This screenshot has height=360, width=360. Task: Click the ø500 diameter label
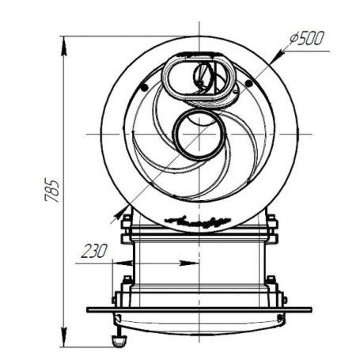[x=306, y=39]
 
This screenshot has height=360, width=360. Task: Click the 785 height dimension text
[x=51, y=191]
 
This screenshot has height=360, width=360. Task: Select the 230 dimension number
[x=94, y=251]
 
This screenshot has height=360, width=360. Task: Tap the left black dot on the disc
[x=144, y=88]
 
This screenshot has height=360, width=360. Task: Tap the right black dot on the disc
[x=248, y=84]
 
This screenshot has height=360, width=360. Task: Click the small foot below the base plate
[x=119, y=341]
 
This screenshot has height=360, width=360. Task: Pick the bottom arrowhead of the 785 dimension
[x=64, y=337]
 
